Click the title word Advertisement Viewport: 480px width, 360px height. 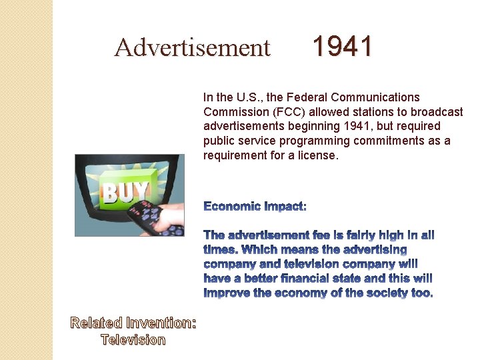click(192, 48)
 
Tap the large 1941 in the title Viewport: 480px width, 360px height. click(343, 47)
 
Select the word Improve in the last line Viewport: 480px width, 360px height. click(225, 293)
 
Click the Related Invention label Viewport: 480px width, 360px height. click(134, 323)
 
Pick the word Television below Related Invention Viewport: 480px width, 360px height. click(133, 340)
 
